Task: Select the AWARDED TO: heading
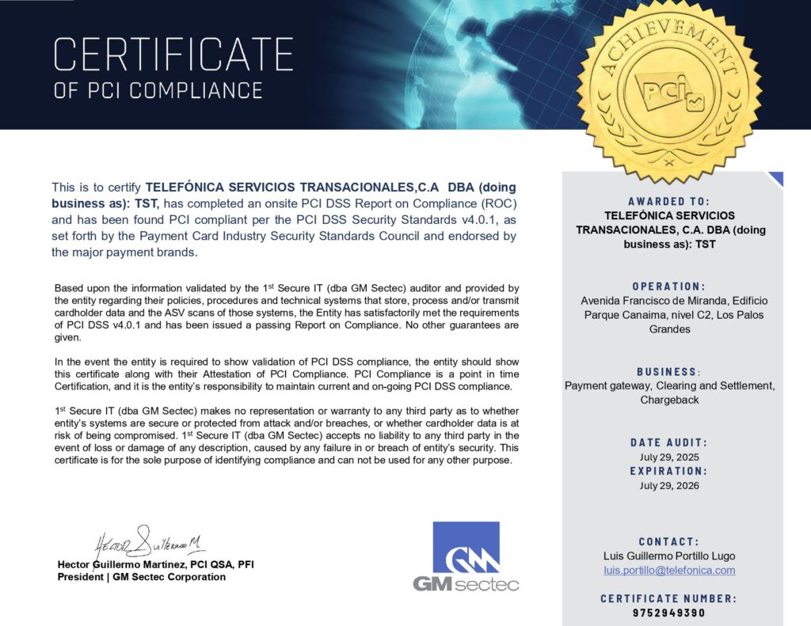(669, 202)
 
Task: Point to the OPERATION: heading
(669, 286)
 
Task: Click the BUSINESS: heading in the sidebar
(669, 372)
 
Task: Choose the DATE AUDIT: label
(669, 442)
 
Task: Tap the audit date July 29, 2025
(669, 457)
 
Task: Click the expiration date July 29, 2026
(669, 485)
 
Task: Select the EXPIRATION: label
(669, 471)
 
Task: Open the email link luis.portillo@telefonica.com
(669, 570)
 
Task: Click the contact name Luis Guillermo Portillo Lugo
(669, 556)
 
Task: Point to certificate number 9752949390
(669, 613)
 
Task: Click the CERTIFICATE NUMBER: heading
(669, 598)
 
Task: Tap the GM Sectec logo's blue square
(466, 547)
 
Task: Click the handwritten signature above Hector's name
(150, 543)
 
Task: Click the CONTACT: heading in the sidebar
(669, 541)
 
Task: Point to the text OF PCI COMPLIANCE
(158, 90)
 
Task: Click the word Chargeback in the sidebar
(669, 400)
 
